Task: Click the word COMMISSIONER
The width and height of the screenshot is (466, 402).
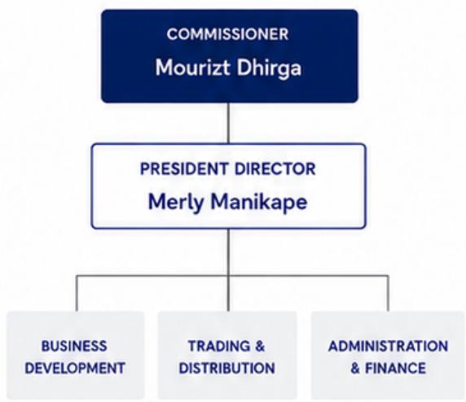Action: (x=227, y=34)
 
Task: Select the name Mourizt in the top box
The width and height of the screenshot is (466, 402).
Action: (x=192, y=68)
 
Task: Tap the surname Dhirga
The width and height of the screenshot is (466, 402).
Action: (x=269, y=68)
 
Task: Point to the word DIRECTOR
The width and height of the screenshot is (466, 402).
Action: (x=275, y=168)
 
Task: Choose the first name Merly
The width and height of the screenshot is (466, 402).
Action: (x=176, y=203)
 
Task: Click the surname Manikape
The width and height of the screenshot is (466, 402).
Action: (x=258, y=203)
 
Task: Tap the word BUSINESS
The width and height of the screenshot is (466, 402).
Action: (x=74, y=346)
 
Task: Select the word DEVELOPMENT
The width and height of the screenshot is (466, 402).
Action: (x=75, y=368)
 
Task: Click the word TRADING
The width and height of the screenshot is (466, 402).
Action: (x=219, y=346)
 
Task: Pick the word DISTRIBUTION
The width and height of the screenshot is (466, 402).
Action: (x=226, y=368)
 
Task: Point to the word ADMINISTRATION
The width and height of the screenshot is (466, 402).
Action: (x=388, y=346)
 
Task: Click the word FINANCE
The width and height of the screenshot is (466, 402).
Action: (x=395, y=368)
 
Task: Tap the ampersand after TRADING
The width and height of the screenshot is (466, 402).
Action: (x=260, y=346)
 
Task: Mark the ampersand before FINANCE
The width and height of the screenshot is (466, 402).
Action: (x=355, y=368)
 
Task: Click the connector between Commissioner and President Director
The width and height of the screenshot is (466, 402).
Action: (x=229, y=123)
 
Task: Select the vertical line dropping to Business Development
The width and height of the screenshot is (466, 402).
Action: (x=77, y=293)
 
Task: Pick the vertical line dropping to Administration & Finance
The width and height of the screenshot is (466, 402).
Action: (x=388, y=293)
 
